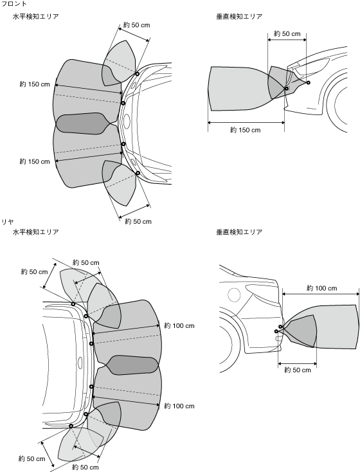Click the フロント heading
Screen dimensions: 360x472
tap(14, 4)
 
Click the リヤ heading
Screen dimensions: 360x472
tap(8, 222)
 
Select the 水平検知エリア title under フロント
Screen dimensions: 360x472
tap(35, 16)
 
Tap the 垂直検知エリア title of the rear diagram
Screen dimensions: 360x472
tap(239, 231)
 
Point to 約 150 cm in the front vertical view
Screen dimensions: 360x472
tap(245, 130)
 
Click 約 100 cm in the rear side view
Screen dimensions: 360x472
tap(322, 288)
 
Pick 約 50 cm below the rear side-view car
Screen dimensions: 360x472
tap(298, 370)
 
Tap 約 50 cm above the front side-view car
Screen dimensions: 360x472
tap(287, 33)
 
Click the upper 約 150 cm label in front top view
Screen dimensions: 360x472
tap(35, 84)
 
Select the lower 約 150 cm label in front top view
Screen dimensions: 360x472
tap(35, 161)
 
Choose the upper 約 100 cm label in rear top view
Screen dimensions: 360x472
tap(179, 325)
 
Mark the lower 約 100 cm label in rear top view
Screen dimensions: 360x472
tap(179, 406)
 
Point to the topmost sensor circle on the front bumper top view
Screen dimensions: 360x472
tap(137, 74)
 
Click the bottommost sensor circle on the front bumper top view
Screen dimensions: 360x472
tap(138, 173)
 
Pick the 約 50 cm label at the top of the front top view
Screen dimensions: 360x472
tap(136, 25)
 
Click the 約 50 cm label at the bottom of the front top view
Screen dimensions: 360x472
tap(138, 222)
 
